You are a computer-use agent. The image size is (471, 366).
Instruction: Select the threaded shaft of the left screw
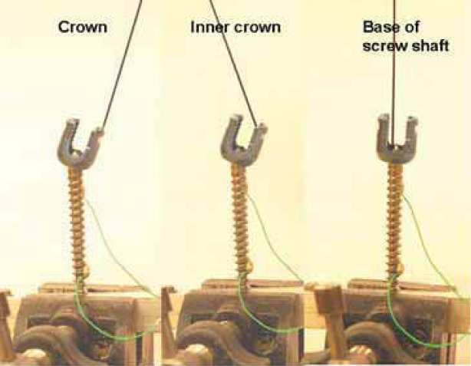tap(79, 223)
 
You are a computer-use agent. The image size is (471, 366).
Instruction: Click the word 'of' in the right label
tap(413, 29)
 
